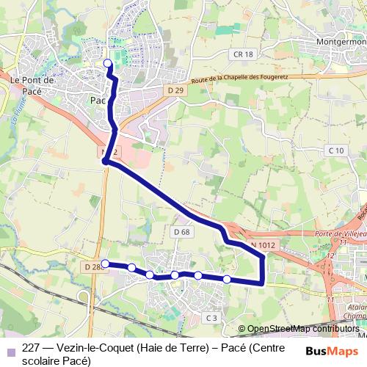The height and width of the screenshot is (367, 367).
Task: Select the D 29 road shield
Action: [174, 90]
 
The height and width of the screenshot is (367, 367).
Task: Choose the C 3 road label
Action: [211, 317]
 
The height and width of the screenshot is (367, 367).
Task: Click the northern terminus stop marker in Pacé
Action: [108, 63]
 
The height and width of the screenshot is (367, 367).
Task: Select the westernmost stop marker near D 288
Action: [105, 264]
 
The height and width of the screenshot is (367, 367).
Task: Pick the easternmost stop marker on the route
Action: [227, 279]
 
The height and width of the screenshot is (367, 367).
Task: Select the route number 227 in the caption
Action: [32, 349]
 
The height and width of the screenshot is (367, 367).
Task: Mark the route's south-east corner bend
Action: [263, 282]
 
